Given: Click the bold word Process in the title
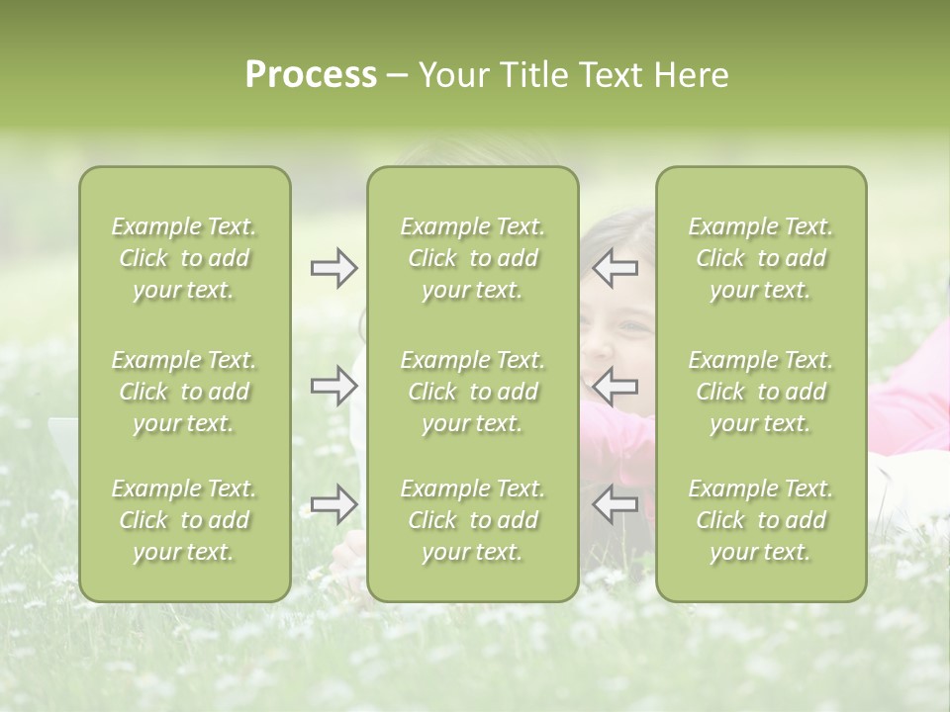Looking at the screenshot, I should click(311, 75).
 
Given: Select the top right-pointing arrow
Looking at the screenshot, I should click(334, 268).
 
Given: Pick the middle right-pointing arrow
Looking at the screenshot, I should click(334, 385).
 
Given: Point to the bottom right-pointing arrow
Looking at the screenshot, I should click(334, 504).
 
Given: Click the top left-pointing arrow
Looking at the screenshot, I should click(615, 268).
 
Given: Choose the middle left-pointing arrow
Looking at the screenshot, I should click(615, 385).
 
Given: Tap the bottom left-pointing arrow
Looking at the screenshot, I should click(615, 504).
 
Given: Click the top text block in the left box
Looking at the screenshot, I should click(184, 258).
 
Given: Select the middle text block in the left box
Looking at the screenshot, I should click(184, 392).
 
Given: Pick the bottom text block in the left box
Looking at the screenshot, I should click(184, 520).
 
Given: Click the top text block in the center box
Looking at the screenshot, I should click(472, 258).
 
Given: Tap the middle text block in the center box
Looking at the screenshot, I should click(472, 392).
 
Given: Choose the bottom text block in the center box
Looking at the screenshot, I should click(472, 520).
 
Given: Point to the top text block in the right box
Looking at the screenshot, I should click(761, 258).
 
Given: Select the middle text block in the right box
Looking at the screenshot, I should click(761, 392).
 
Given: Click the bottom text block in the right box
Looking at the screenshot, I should click(761, 520).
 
